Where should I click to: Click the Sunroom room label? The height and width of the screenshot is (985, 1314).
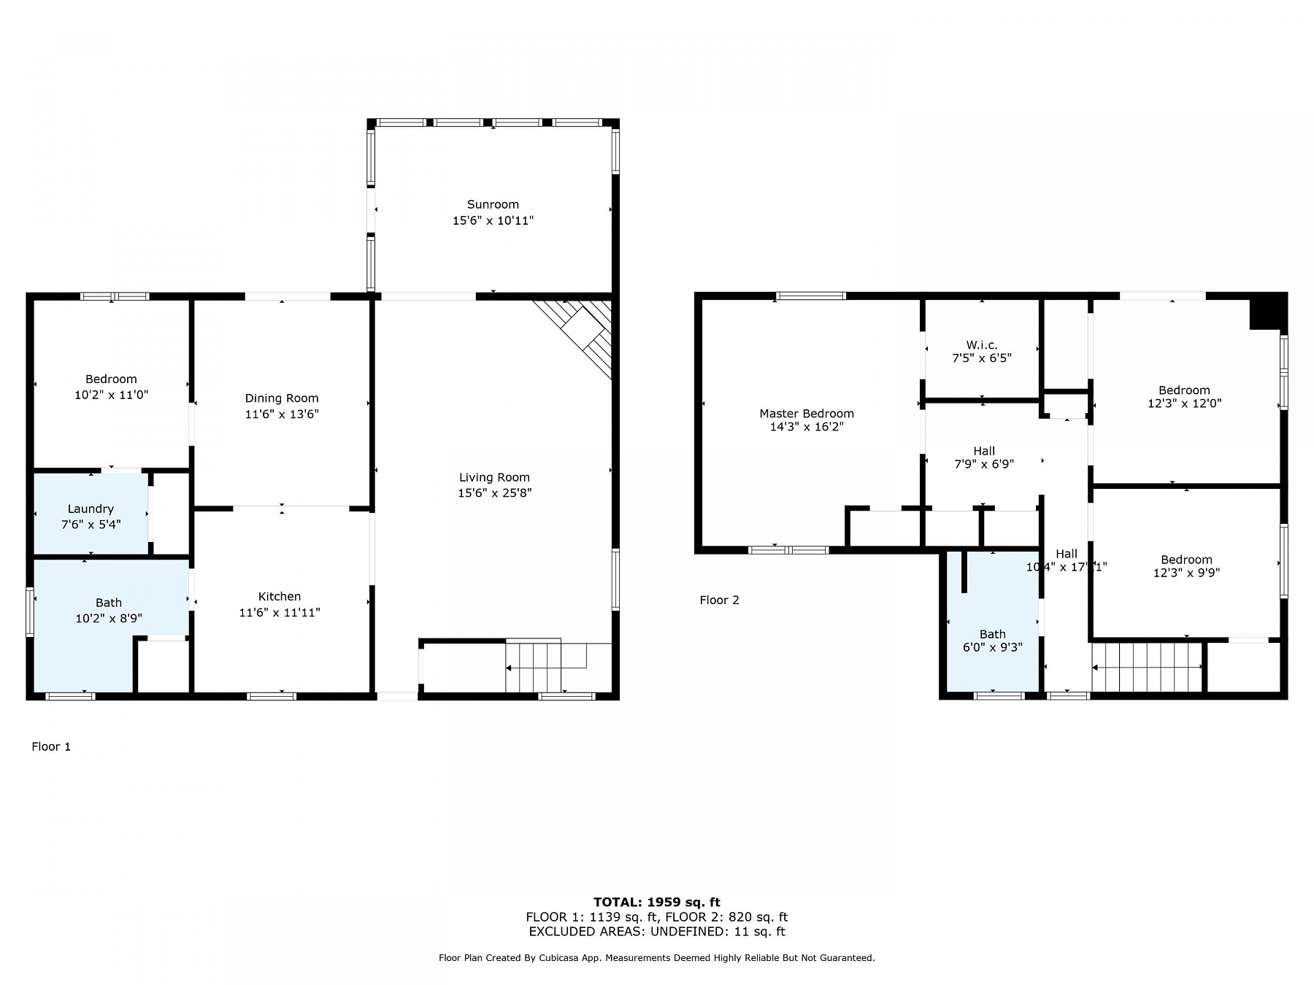tap(493, 204)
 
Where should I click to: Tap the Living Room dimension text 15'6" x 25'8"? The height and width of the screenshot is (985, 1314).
tap(494, 492)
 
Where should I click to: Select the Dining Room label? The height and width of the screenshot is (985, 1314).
tap(282, 398)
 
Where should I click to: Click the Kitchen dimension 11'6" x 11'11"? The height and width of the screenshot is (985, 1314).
tap(280, 612)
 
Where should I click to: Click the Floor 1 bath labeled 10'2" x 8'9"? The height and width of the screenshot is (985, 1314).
tap(109, 610)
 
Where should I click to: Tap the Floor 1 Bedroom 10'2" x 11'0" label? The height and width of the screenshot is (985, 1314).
tap(111, 387)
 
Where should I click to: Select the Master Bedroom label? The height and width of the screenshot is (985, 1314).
tap(806, 413)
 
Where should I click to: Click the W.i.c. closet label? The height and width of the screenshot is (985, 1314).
tap(981, 344)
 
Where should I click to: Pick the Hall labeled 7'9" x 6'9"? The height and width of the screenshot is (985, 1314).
tap(983, 457)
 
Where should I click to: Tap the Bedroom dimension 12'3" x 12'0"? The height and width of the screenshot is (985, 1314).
tap(1184, 403)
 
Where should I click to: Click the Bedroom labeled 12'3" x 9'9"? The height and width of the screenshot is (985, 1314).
tap(1186, 566)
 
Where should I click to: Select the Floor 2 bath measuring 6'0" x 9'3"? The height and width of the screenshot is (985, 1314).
tap(992, 641)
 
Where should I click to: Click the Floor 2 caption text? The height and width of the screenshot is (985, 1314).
tap(719, 600)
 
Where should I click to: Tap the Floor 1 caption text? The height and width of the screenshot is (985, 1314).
tap(51, 746)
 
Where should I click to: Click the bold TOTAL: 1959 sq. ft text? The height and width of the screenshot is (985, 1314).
tap(656, 902)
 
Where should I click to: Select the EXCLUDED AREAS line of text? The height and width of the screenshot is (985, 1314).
tap(656, 931)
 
